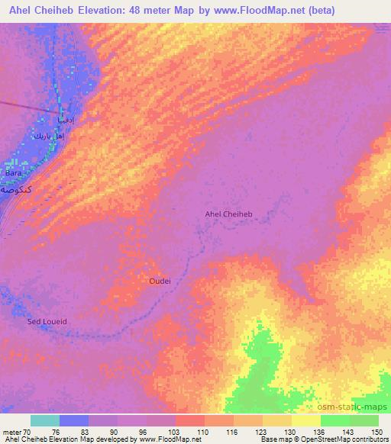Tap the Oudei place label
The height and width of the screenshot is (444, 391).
(x=160, y=281)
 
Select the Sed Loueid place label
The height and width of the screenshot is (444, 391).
(x=47, y=322)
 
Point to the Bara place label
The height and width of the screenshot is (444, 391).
(x=14, y=174)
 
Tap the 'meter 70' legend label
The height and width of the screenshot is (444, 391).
(x=18, y=432)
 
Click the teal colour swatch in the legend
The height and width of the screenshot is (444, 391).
(x=45, y=420)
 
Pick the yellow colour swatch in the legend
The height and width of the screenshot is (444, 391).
(x=306, y=420)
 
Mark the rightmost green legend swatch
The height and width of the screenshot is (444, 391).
(x=364, y=420)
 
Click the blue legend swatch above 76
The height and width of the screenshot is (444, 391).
(x=74, y=420)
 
